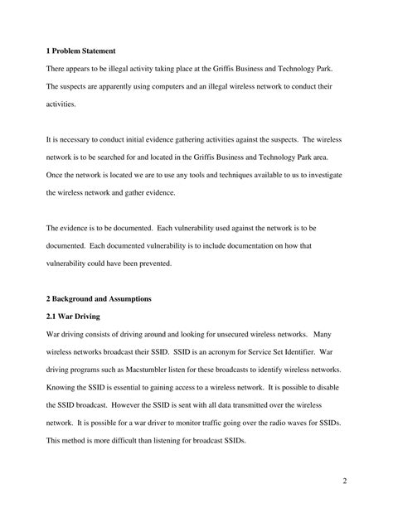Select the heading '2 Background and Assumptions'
click(x=100, y=298)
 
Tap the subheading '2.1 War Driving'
click(x=78, y=316)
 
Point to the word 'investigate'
click(x=323, y=176)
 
